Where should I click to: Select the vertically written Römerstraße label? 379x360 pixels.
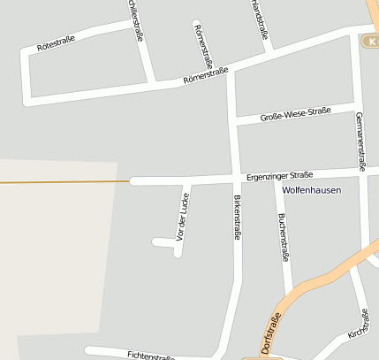coord(202,46)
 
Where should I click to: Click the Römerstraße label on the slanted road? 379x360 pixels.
coord(205,76)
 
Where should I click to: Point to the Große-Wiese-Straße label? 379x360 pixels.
coord(295,115)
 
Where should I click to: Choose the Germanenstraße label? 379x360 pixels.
coord(360,141)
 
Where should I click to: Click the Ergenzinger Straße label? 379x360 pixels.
coord(279,175)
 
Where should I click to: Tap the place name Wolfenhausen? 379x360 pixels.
coord(311,190)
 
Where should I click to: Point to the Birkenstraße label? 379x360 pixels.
coord(237,218)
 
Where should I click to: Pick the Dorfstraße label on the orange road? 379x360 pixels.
coord(271,333)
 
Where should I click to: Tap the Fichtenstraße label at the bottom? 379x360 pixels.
coord(150,356)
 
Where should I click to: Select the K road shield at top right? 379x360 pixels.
coord(372,42)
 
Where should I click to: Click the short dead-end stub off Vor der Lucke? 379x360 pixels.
coord(163,241)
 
